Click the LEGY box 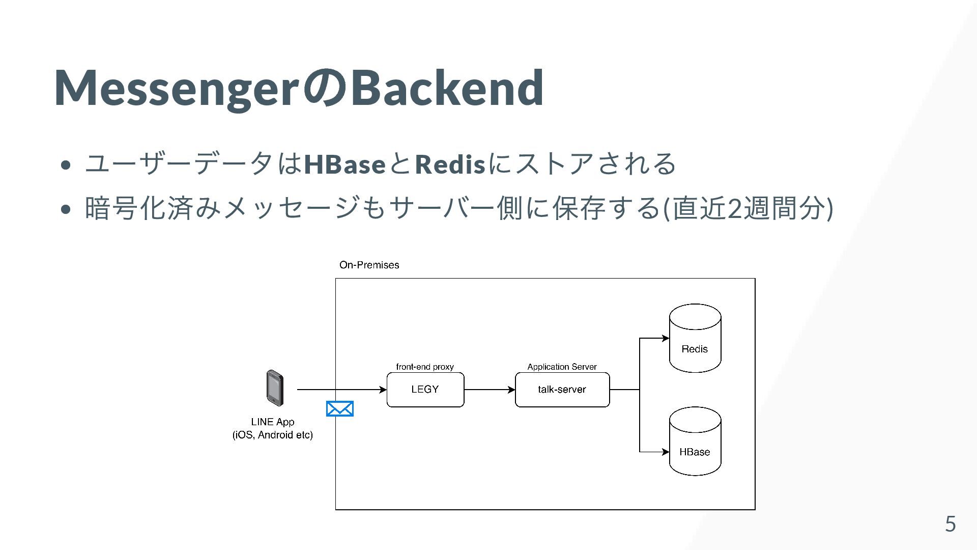click(425, 390)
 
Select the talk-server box click(562, 390)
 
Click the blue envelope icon click(339, 409)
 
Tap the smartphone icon click(275, 388)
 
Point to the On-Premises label click(369, 265)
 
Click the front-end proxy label click(425, 367)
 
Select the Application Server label click(562, 367)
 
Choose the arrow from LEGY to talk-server click(489, 390)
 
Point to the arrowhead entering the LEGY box click(383, 390)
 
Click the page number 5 click(950, 524)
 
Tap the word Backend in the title click(447, 88)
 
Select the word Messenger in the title click(176, 88)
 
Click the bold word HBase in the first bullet click(344, 164)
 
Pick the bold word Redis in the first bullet click(450, 164)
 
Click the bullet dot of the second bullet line click(65, 209)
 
